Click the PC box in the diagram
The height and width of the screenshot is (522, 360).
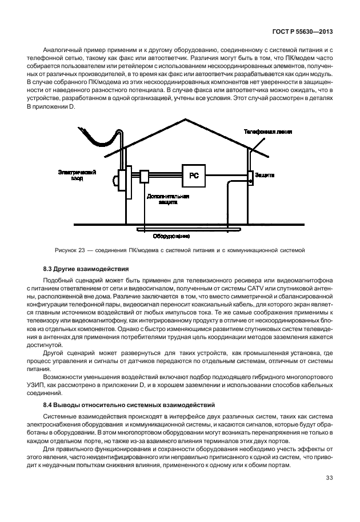coord(194,176)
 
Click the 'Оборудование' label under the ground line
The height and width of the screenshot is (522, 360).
coord(171,235)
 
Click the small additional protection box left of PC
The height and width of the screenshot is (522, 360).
coord(145,176)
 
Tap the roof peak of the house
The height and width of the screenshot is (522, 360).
coord(185,119)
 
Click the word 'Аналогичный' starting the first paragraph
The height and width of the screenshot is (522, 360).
coord(64,51)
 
